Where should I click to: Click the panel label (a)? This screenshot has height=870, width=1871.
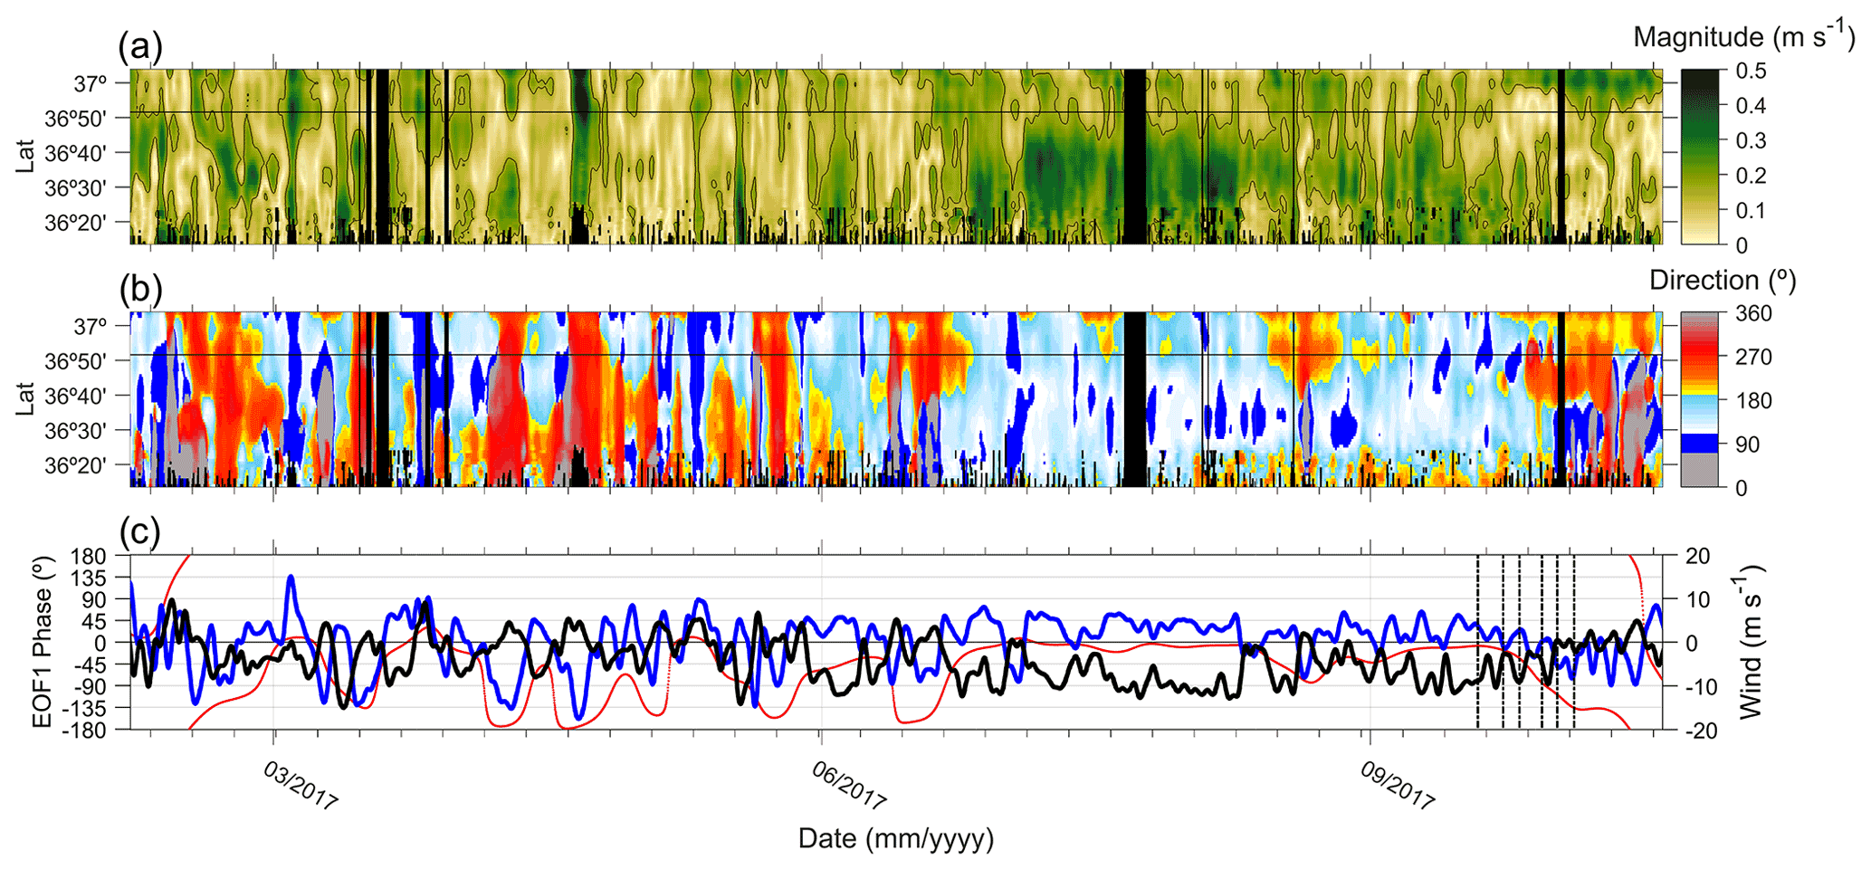click(x=140, y=45)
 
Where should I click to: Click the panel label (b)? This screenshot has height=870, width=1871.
click(x=140, y=289)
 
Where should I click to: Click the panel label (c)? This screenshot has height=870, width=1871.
click(x=140, y=532)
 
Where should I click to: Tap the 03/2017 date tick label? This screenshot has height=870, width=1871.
click(x=301, y=785)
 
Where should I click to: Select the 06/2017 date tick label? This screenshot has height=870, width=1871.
click(x=848, y=785)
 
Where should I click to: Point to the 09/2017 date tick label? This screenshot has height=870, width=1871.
click(x=1398, y=785)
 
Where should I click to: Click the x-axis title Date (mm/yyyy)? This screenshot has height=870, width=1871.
click(x=895, y=838)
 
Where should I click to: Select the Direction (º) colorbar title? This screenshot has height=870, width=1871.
click(x=1722, y=280)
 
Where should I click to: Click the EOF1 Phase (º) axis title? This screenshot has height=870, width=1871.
click(x=42, y=642)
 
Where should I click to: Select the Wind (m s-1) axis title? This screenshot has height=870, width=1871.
click(x=1752, y=642)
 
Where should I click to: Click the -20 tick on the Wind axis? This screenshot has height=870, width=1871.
click(x=1698, y=731)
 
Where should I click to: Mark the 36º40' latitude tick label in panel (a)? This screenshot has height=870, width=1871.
click(x=75, y=153)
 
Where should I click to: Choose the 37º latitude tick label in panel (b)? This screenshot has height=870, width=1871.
click(x=90, y=326)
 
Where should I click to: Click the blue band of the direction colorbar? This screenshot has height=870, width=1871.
click(x=1704, y=444)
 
